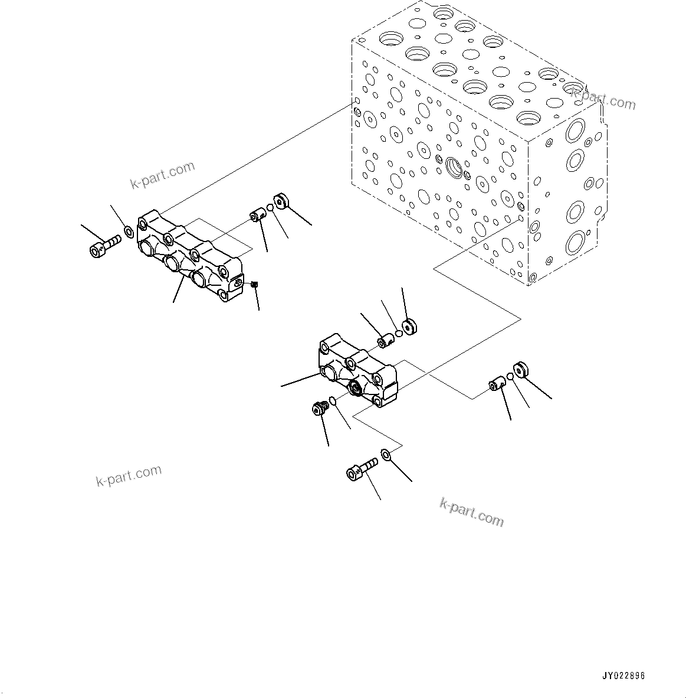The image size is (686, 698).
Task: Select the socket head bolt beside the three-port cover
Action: (104, 246)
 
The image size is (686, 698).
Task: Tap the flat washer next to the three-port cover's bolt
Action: (128, 229)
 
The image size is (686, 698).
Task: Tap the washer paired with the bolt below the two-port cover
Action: (386, 455)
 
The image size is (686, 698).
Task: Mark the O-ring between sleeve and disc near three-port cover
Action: (270, 208)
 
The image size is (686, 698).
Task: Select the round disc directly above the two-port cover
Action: (408, 326)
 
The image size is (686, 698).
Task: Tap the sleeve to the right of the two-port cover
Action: (495, 385)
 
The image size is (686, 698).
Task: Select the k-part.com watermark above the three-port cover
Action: (162, 174)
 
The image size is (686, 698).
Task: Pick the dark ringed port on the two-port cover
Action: (356, 389)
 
